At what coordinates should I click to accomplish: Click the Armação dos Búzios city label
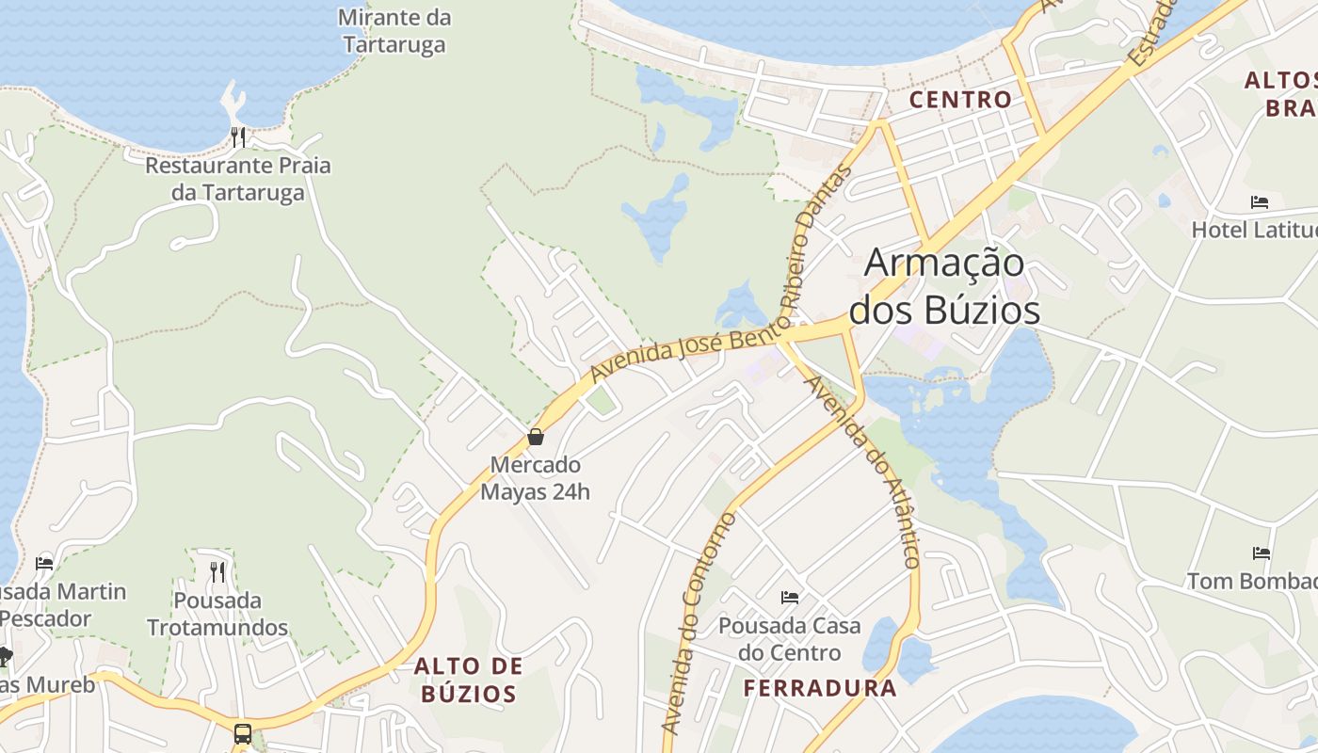coord(944,286)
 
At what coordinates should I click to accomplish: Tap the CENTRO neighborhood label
coord(960,99)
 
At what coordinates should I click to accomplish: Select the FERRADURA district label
coord(820,688)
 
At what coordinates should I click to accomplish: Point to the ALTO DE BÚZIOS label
coord(469,681)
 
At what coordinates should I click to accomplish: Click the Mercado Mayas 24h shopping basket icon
coord(536,437)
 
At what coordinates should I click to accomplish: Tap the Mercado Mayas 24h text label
coord(536,478)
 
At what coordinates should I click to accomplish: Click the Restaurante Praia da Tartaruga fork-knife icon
coord(238,137)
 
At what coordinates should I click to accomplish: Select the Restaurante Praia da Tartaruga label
coord(238,179)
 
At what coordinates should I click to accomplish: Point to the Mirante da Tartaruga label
coord(394,31)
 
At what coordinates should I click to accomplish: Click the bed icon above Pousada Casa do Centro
coord(790,597)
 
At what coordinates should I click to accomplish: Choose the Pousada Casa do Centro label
coord(790,639)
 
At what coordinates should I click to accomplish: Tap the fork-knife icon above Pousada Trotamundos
coord(217,571)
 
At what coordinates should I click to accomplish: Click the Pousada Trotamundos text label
coord(217,614)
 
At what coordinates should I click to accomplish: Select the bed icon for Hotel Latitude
coord(1260,201)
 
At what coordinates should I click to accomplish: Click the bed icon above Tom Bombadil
coord(1262,553)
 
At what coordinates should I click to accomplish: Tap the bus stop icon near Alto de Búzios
coord(242,733)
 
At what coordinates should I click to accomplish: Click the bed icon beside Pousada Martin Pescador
coord(44,564)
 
